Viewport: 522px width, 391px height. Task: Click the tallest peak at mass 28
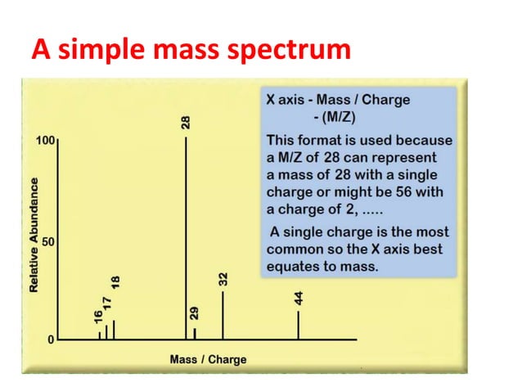pos(187,237)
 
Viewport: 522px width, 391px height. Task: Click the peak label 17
pos(106,302)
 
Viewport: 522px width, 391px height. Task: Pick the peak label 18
pos(115,282)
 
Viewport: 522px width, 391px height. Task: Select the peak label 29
pos(194,313)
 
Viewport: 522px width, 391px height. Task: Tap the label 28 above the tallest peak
pos(187,124)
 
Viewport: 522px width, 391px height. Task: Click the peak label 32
pos(223,278)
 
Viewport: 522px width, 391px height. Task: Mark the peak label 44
pos(299,299)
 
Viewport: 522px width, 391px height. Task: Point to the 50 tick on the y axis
pos(48,242)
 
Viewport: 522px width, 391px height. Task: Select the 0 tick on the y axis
pos(51,339)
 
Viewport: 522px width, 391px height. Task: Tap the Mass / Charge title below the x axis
pos(208,359)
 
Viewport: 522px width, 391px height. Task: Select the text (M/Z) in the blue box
pos(332,116)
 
